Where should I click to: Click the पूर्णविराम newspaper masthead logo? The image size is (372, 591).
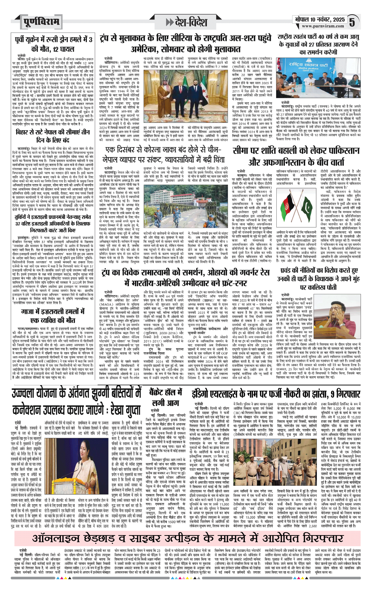click(41, 22)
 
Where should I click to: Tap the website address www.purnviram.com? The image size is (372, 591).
click(323, 26)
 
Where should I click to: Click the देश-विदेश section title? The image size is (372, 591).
click(191, 23)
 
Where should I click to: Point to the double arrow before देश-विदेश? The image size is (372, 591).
click(170, 23)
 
